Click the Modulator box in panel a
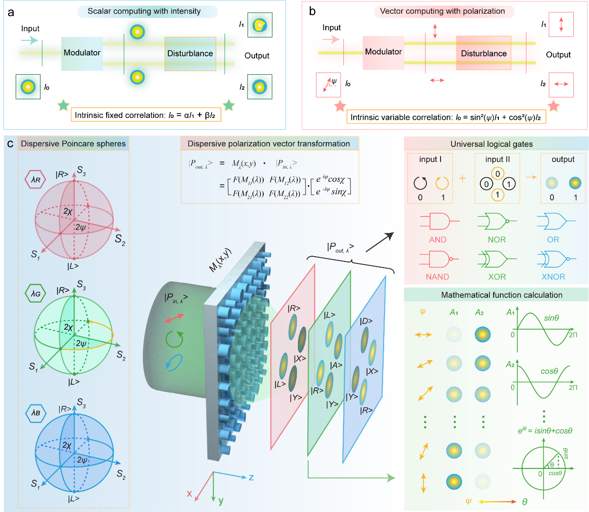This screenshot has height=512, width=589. tap(82, 53)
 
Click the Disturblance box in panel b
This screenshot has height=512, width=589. tap(484, 53)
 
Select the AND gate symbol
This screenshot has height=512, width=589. tap(439, 221)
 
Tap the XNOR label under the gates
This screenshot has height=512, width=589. tap(553, 277)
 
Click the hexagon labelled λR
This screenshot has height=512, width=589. tap(36, 180)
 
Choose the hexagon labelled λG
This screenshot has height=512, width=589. tap(36, 294)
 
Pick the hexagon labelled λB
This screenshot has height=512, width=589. tap(36, 413)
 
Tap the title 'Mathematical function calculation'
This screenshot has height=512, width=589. tap(502, 295)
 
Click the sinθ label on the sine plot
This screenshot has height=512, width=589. tap(551, 318)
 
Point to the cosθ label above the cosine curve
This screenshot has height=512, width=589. tap(549, 371)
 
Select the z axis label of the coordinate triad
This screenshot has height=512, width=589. tap(251, 477)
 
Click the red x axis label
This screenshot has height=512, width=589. tap(189, 494)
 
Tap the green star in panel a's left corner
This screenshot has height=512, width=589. tap(63, 105)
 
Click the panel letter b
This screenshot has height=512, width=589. tap(312, 11)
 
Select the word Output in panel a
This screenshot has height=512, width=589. tap(257, 55)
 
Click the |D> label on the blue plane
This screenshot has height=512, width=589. tap(366, 321)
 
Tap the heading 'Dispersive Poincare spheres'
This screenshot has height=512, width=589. tap(74, 144)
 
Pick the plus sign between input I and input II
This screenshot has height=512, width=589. tap(462, 178)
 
